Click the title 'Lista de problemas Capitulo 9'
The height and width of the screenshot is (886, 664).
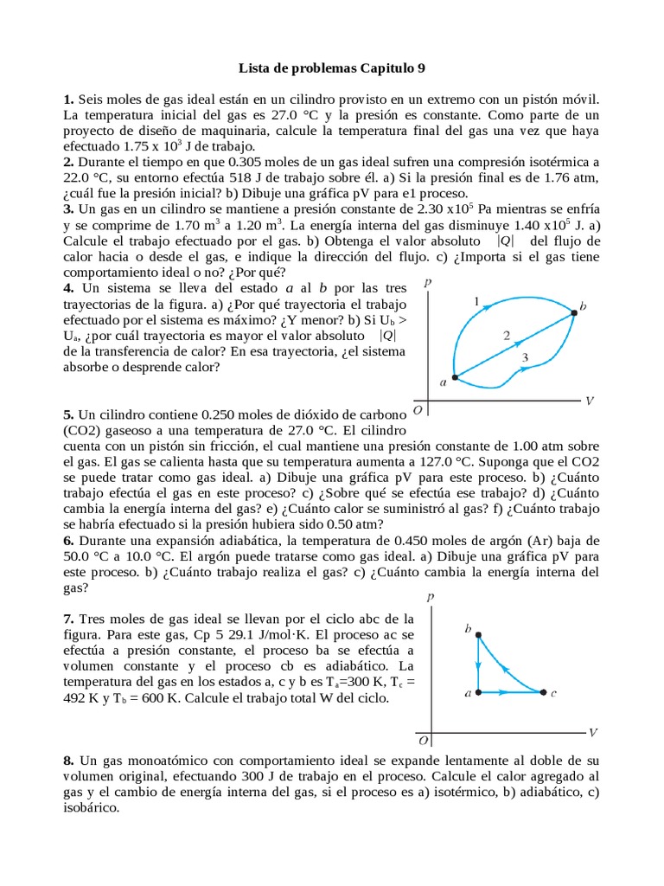(332, 67)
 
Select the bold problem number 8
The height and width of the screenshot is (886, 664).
(67, 760)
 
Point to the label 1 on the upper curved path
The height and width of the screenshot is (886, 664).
(476, 300)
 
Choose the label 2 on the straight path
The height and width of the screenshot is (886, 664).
(508, 335)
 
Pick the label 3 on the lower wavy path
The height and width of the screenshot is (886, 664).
(524, 356)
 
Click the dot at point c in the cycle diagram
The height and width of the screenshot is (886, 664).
(543, 692)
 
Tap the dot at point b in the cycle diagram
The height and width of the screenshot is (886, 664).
(479, 636)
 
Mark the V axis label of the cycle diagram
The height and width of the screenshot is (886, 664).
(593, 733)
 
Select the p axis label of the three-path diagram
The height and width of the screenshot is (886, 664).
(428, 282)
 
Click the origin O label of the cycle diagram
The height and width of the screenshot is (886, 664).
(423, 741)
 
